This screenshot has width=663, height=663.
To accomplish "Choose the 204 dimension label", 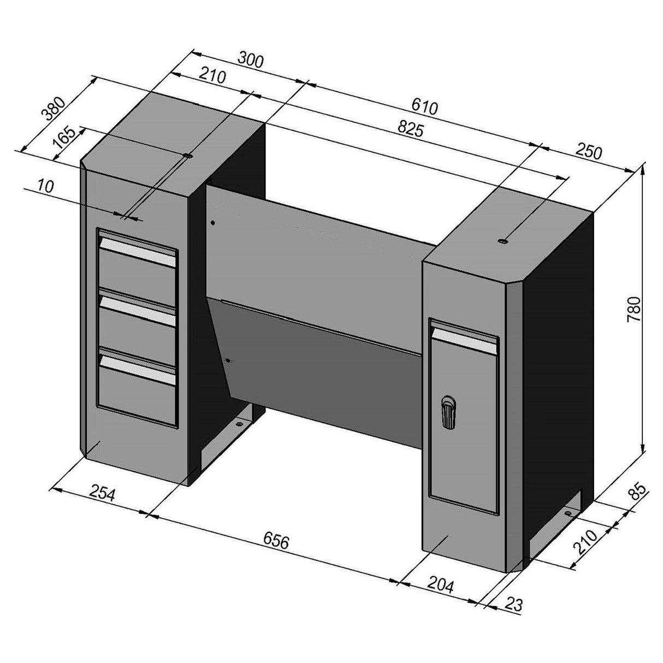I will tap(441, 586).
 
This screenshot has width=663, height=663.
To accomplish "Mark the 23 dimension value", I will tap(514, 604).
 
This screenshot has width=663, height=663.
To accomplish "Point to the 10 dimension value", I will tap(46, 186).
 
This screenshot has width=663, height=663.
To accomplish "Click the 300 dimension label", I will tap(251, 60).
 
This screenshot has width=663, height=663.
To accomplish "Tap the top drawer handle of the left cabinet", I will tap(138, 253).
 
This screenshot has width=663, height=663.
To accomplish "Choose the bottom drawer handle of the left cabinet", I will tap(138, 369).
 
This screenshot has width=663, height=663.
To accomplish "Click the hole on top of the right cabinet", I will tap(503, 240).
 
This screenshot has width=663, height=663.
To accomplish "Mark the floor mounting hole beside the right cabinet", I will tap(569, 514).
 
